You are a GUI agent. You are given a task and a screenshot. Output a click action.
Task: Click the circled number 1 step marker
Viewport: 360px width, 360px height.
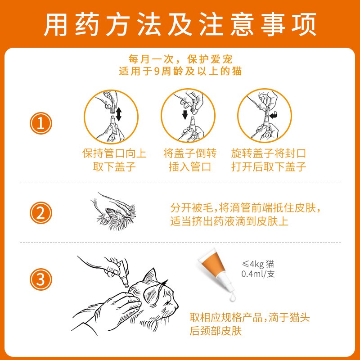[41, 123]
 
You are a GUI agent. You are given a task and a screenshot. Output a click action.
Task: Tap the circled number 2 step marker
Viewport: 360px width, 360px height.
[41, 213]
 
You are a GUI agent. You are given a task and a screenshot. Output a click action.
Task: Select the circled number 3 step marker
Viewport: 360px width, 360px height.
[41, 279]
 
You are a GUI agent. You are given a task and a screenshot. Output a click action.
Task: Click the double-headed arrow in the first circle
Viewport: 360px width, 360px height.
[119, 114]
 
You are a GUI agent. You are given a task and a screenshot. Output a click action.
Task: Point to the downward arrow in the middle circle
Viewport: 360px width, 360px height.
[185, 115]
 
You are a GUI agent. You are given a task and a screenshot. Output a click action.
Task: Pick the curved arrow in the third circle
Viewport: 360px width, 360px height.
[274, 115]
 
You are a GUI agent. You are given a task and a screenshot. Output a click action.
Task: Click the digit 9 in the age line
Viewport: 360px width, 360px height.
[157, 72]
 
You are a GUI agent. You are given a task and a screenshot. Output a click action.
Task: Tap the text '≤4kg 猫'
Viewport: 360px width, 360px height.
[258, 264]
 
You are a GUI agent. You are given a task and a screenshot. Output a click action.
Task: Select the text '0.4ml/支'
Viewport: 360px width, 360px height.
[258, 274]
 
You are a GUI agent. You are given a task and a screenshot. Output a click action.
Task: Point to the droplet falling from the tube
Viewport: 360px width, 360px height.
[232, 297]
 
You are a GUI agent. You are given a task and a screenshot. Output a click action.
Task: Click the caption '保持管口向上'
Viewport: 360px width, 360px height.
[114, 153]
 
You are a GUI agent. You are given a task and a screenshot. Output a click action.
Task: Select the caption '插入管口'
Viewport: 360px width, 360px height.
[190, 166]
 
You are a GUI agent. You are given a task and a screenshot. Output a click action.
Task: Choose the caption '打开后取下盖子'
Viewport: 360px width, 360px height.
[269, 166]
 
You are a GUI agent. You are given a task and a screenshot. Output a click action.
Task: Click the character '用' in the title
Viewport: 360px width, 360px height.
[55, 24]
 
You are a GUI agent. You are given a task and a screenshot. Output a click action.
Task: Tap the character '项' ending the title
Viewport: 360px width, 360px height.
[304, 24]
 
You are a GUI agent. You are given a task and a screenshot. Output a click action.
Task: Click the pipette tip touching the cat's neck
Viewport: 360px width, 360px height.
[126, 286]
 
